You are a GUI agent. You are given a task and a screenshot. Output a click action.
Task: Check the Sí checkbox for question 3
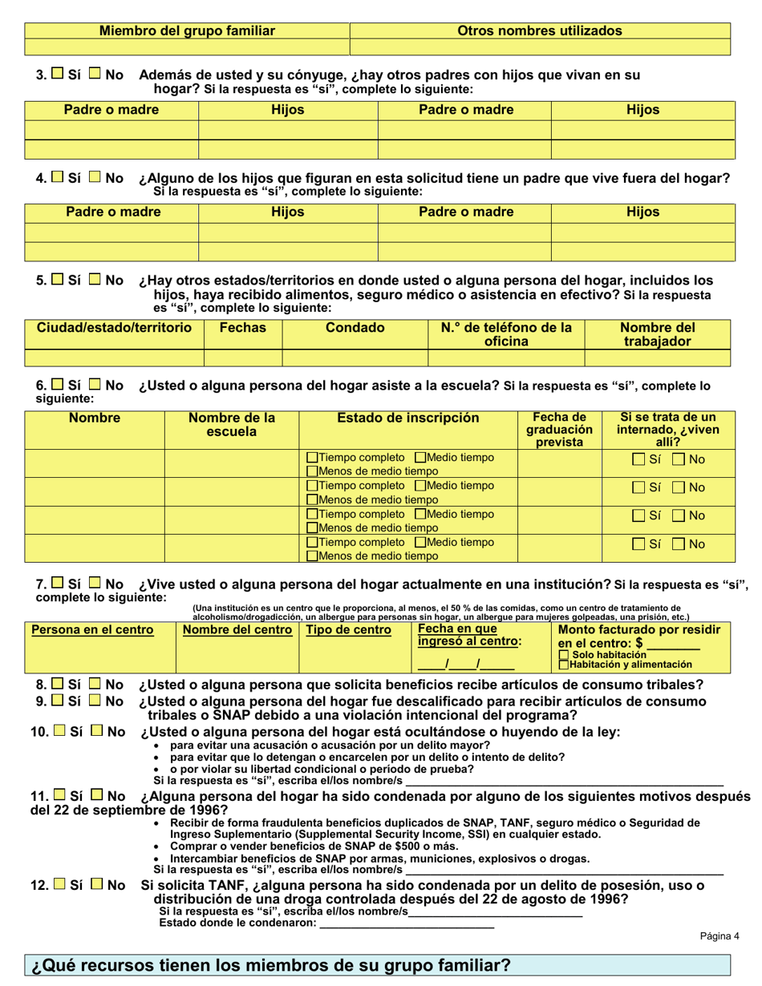coord(59,75)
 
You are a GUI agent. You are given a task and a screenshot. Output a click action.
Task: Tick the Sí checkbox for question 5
coord(59,281)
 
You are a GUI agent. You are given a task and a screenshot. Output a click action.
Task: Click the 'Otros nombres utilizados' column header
coord(540,30)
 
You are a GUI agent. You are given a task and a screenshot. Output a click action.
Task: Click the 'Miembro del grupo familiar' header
coord(187,30)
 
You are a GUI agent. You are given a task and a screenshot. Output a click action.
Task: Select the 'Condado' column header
coord(355,328)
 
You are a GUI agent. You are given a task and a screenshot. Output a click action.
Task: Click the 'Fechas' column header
coord(242,328)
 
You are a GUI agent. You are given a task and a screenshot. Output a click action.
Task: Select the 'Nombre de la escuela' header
coord(231,424)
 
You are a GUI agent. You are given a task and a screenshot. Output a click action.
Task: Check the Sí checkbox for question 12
coord(59,885)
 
